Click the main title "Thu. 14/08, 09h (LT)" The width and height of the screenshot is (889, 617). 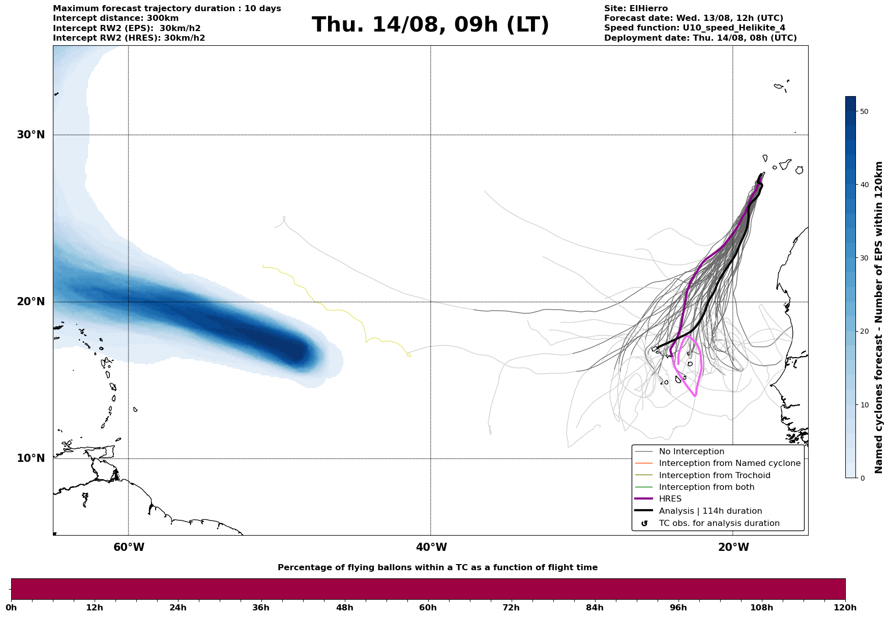click(x=430, y=25)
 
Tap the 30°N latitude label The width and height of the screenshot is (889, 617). click(x=31, y=135)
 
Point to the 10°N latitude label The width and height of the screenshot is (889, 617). click(x=31, y=458)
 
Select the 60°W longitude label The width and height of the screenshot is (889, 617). click(x=129, y=547)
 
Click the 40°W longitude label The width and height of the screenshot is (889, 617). click(x=431, y=547)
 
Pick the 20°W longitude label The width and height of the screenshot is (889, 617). click(x=733, y=547)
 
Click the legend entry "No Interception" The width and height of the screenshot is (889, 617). click(x=691, y=452)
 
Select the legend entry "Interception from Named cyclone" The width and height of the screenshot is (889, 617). click(x=729, y=463)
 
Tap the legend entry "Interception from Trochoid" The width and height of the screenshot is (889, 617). click(x=714, y=476)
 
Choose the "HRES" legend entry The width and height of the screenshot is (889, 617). click(x=670, y=499)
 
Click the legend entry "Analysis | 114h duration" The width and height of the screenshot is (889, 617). click(x=710, y=511)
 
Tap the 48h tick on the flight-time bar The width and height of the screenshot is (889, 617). click(x=344, y=608)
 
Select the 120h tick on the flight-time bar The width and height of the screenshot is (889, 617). click(x=845, y=608)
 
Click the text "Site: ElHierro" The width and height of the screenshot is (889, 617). click(x=636, y=9)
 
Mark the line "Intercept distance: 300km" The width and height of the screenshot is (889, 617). click(x=116, y=18)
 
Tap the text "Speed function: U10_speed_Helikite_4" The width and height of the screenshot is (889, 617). click(x=695, y=28)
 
